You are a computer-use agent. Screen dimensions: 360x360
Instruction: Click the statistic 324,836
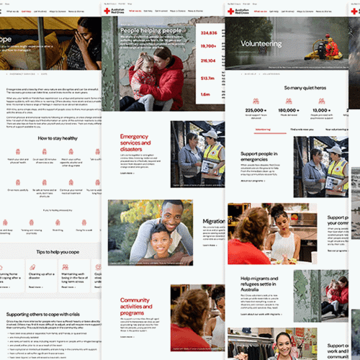click(210, 33)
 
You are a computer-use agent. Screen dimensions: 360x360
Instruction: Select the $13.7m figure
click(209, 79)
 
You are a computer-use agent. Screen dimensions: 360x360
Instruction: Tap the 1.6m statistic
click(207, 94)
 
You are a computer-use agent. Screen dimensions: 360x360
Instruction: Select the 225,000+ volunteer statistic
click(257, 110)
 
